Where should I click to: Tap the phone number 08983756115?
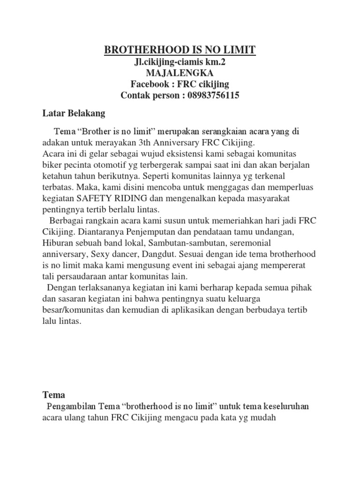(x=213, y=96)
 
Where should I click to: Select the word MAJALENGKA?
(x=180, y=73)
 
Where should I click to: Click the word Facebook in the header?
(x=150, y=84)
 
